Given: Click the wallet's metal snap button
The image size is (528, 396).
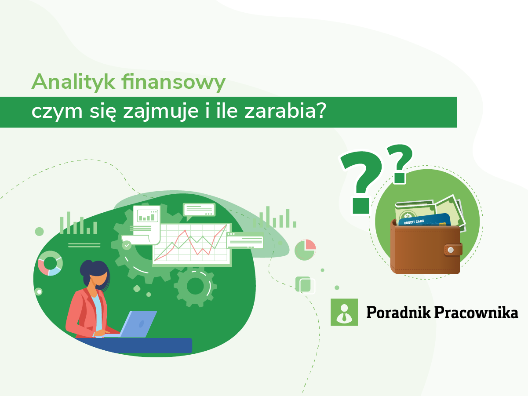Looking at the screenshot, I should pyautogui.click(x=449, y=250).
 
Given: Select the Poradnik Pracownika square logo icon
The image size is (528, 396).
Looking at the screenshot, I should pyautogui.click(x=344, y=312).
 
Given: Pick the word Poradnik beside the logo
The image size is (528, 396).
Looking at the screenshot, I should pyautogui.click(x=398, y=312).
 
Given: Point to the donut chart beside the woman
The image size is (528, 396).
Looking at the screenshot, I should pyautogui.click(x=50, y=263).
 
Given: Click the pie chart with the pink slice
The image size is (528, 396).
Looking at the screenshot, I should pyautogui.click(x=305, y=250).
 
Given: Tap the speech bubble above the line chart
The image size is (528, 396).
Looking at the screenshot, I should pyautogui.click(x=199, y=210).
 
